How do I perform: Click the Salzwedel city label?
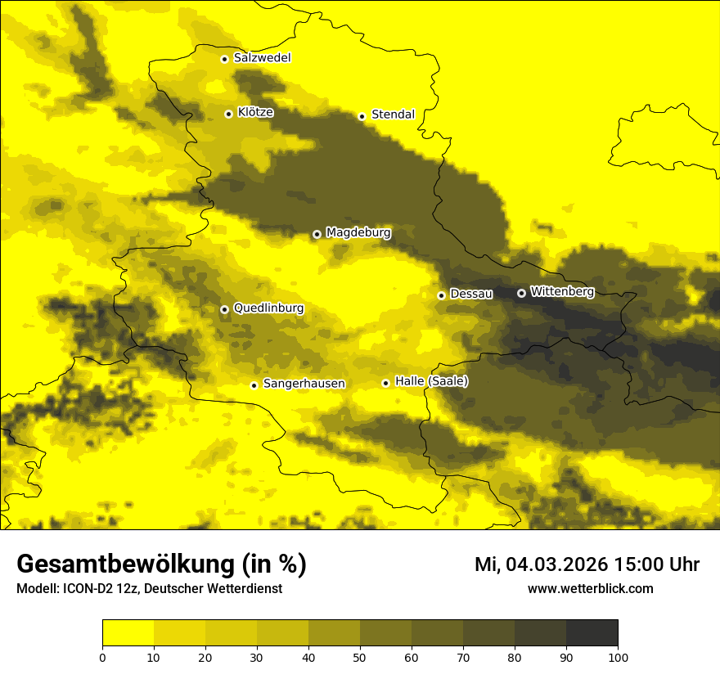262,58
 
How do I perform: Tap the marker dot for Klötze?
228,114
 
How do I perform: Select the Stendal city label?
393,115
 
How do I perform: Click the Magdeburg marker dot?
317,234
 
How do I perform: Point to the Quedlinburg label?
268,308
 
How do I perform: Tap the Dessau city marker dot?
441,295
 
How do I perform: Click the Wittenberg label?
562,291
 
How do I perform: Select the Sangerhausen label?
304,384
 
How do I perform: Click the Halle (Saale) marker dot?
385,383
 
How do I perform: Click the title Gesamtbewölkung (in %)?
161,564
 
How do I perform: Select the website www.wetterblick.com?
590,588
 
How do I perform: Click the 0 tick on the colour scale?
102,657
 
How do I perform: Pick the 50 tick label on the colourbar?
360,657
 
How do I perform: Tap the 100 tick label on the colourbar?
618,657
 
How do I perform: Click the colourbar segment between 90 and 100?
592,633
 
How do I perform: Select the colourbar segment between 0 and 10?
128,633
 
